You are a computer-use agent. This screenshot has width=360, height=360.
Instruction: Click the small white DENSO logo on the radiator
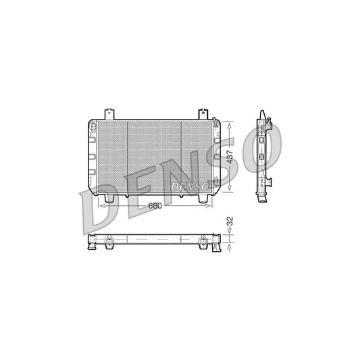coord(191,184)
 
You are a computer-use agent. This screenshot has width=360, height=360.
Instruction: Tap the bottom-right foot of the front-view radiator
coord(203,199)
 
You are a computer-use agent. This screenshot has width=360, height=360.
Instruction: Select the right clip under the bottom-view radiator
coord(203,247)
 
